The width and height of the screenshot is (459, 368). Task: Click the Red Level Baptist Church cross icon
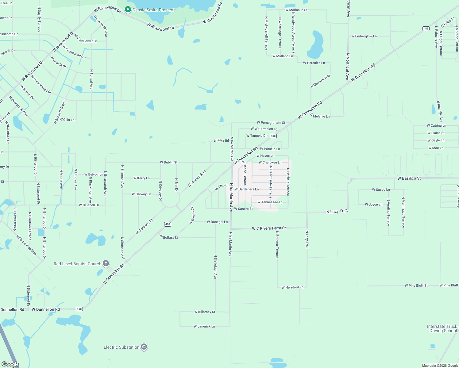coord(106,263)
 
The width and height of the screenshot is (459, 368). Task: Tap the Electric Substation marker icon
coord(144,347)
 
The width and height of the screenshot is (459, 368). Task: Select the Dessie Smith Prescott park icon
coord(128,10)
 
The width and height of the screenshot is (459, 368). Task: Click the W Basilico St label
coord(409,178)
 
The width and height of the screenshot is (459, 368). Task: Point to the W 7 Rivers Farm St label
coord(269,228)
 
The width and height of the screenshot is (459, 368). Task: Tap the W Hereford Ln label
coord(292,287)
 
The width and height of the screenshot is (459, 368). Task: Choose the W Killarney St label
coord(205,312)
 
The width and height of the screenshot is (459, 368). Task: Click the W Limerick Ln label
coord(204,326)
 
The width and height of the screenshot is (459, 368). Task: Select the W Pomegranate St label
coord(271,123)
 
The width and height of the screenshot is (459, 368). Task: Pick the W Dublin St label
coord(168,162)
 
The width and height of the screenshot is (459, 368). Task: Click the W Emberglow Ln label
coord(364,36)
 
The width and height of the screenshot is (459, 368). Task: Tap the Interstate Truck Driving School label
coord(442,328)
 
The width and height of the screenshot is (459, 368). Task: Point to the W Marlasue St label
coord(296,10)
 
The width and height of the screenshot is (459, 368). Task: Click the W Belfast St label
coord(169,237)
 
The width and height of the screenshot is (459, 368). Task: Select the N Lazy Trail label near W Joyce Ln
coord(337,211)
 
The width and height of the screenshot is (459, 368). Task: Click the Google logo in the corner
coord(10,364)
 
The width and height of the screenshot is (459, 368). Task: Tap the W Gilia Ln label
coord(67,120)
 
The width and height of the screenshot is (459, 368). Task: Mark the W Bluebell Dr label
coord(89,205)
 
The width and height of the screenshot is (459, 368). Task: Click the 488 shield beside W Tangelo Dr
coord(273,136)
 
